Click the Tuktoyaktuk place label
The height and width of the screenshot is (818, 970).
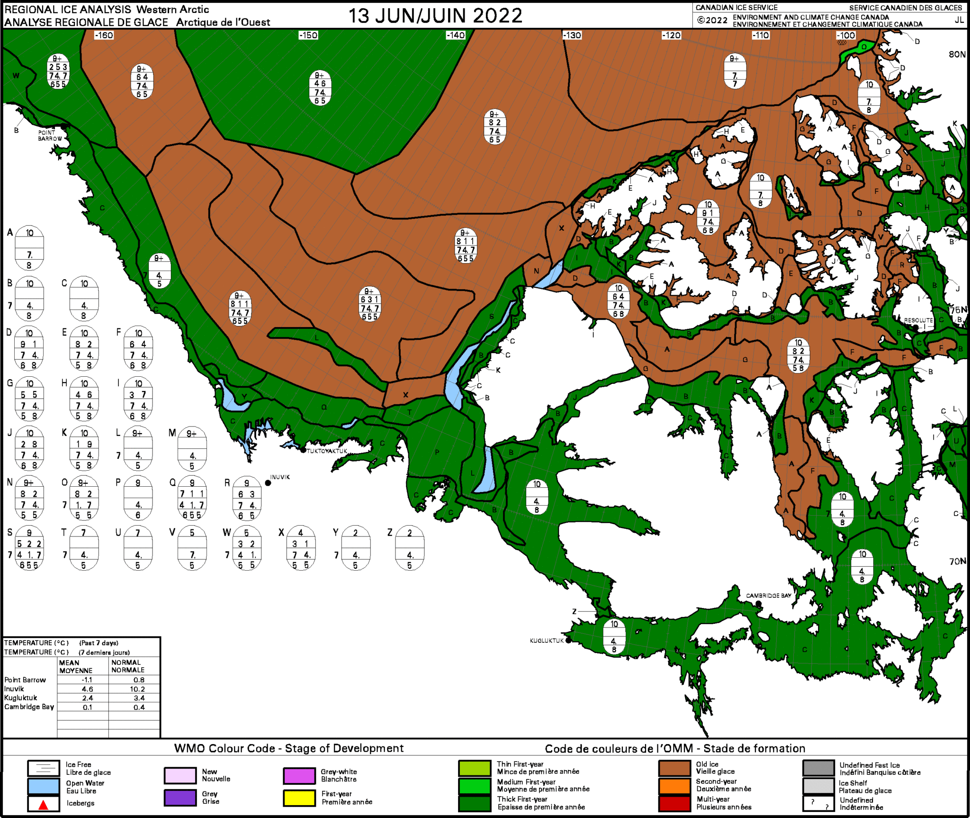[x=327, y=451]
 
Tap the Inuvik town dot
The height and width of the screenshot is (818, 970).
[x=268, y=483]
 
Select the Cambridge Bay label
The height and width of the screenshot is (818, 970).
[x=768, y=596]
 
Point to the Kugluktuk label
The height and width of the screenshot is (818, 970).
[x=547, y=641]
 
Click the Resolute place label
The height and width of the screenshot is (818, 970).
[x=918, y=320]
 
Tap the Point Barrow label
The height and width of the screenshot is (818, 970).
[x=49, y=136]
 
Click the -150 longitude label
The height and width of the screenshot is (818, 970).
[x=308, y=36]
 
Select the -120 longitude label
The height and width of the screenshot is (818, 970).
[x=671, y=36]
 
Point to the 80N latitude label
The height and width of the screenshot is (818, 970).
[x=957, y=55]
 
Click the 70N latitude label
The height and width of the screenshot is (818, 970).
[x=957, y=562]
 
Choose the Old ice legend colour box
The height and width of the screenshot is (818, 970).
[x=674, y=768]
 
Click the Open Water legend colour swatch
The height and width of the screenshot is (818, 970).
[x=44, y=786]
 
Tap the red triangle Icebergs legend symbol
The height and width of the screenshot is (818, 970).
[x=44, y=804]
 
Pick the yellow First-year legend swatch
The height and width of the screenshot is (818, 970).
[x=299, y=798]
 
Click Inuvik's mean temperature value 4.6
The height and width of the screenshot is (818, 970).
[x=87, y=689]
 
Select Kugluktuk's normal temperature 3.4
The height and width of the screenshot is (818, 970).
[x=139, y=698]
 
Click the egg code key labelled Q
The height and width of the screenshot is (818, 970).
[x=192, y=499]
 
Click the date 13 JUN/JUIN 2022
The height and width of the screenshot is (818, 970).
[x=435, y=16]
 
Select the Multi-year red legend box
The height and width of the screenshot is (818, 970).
[x=674, y=803]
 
